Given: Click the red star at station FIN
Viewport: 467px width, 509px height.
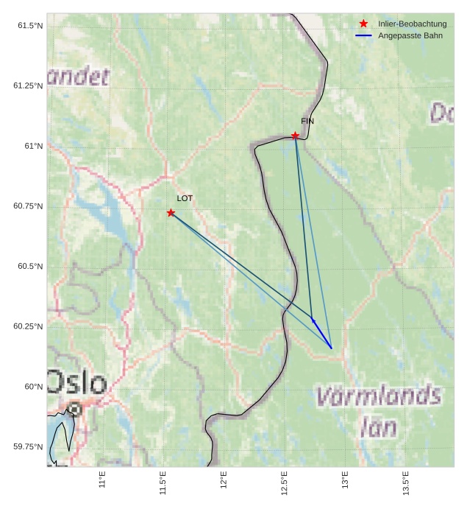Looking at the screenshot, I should [x=295, y=136].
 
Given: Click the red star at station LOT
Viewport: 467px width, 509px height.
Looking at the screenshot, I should [x=171, y=213].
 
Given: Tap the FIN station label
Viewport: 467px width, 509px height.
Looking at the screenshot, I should [x=307, y=121].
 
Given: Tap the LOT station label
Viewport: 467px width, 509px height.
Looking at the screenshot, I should [x=185, y=198].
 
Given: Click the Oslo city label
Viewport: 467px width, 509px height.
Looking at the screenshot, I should [x=77, y=383].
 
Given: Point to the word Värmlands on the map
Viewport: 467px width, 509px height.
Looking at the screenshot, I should [x=379, y=397].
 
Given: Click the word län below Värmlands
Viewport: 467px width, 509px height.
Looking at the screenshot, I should [x=379, y=427].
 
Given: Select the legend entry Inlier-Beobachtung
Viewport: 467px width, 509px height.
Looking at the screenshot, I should [x=412, y=24].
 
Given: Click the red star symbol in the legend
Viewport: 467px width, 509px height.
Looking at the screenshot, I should [x=363, y=24].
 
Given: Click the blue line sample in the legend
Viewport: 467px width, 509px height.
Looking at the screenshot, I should [x=363, y=35].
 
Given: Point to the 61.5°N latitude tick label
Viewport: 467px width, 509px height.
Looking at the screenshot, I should [x=29, y=26].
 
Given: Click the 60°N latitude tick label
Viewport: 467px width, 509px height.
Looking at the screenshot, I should [x=34, y=387].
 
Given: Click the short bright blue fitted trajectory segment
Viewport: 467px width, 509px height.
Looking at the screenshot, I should [x=322, y=334].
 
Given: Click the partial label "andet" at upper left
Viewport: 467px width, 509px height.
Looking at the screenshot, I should [x=79, y=76].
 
